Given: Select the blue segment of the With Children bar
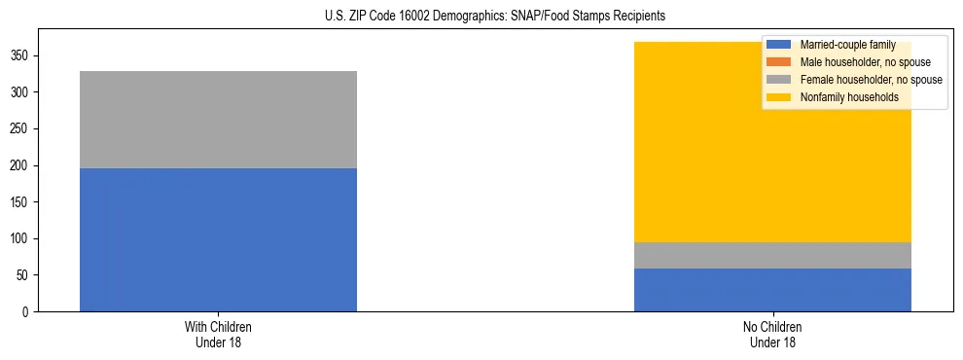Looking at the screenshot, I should click(x=218, y=239).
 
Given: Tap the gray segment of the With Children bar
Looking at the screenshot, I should click(x=218, y=120).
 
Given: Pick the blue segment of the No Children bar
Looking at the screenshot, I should click(x=772, y=290).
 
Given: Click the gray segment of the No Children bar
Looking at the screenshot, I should click(x=772, y=255).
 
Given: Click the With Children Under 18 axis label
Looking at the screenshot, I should click(x=218, y=335).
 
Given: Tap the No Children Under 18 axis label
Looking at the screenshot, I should click(x=772, y=335).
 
